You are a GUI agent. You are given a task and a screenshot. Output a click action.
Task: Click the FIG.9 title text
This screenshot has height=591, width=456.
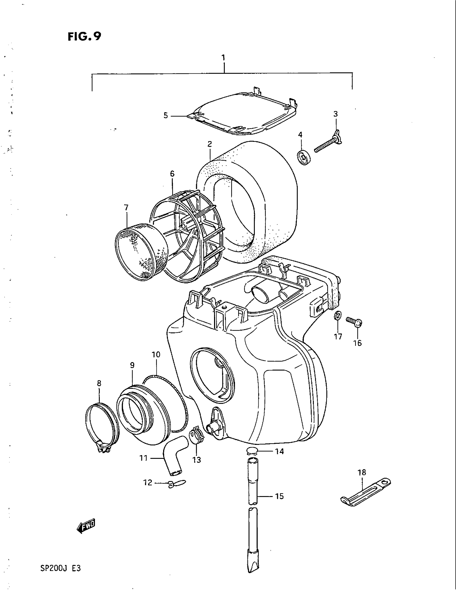(x=84, y=36)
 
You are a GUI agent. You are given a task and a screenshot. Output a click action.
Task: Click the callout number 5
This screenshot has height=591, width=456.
(x=166, y=116)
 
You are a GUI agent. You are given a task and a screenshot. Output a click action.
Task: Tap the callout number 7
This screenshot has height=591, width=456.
(x=126, y=208)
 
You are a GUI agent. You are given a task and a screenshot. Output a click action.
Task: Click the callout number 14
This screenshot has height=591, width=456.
(x=279, y=451)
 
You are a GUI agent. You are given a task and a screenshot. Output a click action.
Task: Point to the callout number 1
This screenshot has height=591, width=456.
(x=223, y=58)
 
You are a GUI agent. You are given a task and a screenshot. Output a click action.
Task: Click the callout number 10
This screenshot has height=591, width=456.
(x=156, y=355)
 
